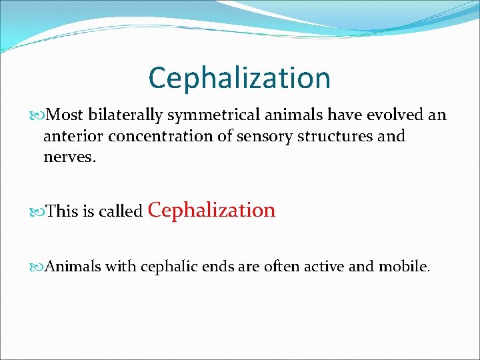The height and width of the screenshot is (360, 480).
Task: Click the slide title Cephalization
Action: pyautogui.click(x=239, y=78)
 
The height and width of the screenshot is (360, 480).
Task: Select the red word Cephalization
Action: pyautogui.click(x=211, y=210)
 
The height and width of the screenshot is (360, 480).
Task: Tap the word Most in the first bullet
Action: pyautogui.click(x=65, y=115)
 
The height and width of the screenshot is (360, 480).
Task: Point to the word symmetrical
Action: pyautogui.click(x=207, y=115)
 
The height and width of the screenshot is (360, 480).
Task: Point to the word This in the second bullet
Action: pyautogui.click(x=63, y=212)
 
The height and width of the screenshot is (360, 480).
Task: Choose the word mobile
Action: pyautogui.click(x=404, y=267)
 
